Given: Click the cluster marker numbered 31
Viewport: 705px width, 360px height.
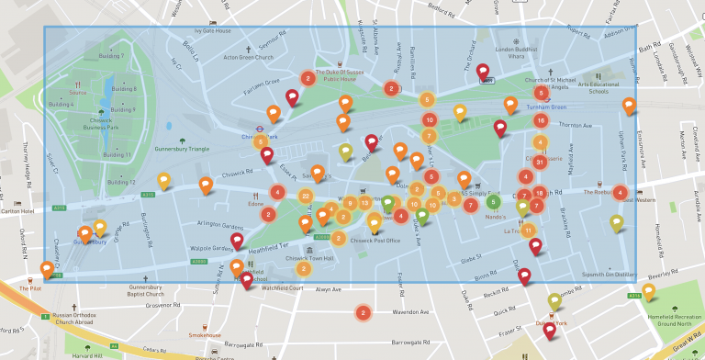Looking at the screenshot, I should [x=540, y=162].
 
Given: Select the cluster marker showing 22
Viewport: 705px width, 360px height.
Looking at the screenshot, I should [x=305, y=196].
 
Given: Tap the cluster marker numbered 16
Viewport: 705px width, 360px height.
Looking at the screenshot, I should [x=541, y=120].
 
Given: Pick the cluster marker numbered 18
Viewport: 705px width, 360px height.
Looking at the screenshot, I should [x=539, y=193].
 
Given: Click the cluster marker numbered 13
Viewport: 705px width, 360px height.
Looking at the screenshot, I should [x=364, y=202].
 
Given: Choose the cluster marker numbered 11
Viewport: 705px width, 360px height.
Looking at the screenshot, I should [x=528, y=229].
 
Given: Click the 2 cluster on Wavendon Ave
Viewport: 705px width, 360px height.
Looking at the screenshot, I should [x=363, y=313].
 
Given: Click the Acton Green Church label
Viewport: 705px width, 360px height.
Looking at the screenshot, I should [x=249, y=57].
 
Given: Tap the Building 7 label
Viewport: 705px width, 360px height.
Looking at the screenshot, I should [x=110, y=56].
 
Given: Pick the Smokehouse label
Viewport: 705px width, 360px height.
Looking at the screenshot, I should [x=205, y=335].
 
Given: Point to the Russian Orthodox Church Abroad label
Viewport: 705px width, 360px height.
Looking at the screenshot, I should [x=73, y=318].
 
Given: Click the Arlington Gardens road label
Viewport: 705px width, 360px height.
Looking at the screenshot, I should [x=219, y=226].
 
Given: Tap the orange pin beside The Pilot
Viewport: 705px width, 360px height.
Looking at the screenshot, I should [x=47, y=270].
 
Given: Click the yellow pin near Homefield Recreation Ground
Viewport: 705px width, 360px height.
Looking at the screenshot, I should [x=649, y=292].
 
